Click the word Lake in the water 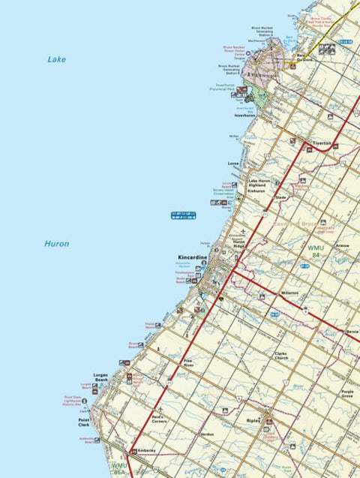pos(56,59)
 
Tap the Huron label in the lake pos(56,244)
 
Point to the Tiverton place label pos(322,141)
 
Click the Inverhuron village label pos(245,116)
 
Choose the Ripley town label pos(253,421)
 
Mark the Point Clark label pos(84,422)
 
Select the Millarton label pos(290,293)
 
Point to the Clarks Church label pos(281,355)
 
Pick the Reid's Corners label pos(157,419)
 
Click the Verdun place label pos(207,434)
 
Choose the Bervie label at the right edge pos(352,330)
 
